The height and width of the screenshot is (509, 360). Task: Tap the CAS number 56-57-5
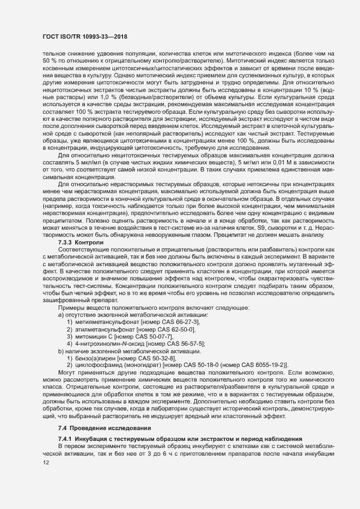[188, 344]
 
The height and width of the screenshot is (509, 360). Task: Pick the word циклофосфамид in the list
[97, 365]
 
